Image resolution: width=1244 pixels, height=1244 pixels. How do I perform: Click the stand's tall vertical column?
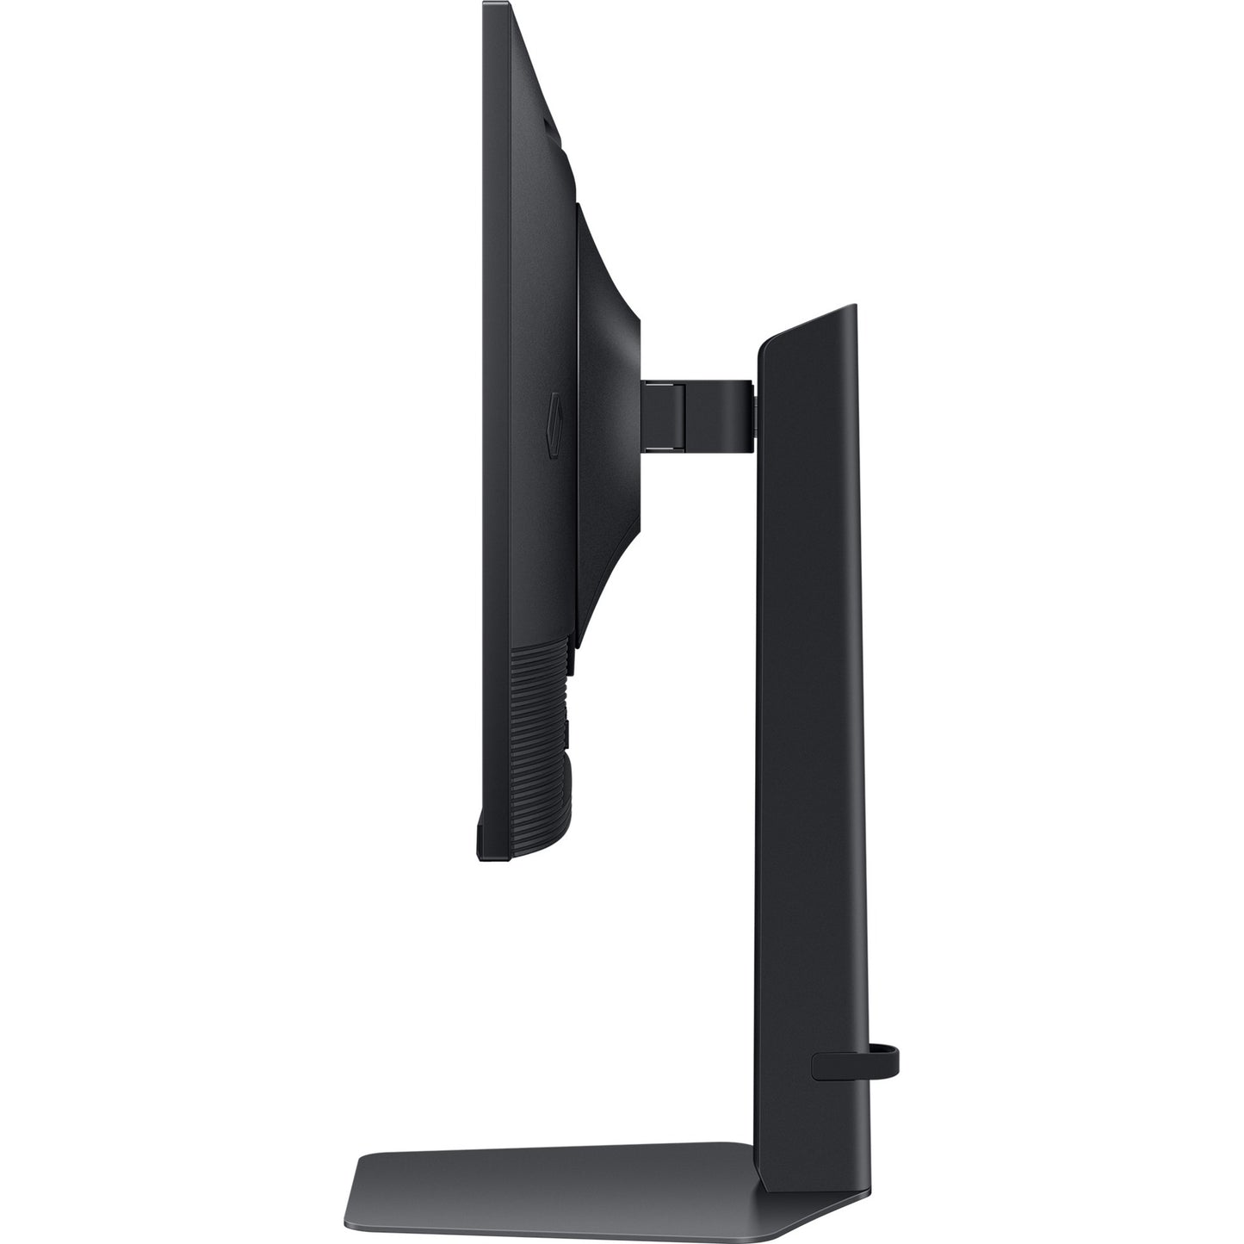click(809, 689)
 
